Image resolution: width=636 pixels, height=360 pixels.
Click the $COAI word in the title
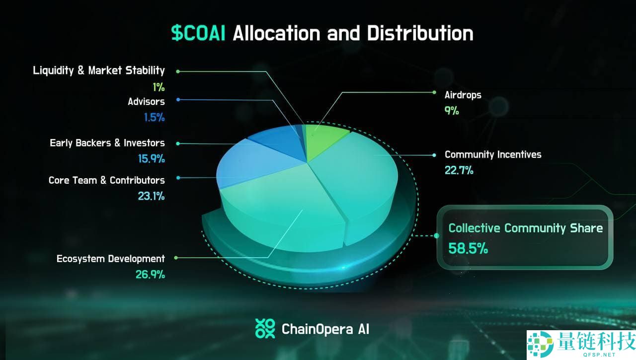click(x=198, y=33)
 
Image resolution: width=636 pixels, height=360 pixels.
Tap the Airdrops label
click(x=463, y=95)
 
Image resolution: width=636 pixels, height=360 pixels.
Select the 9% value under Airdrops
click(x=452, y=110)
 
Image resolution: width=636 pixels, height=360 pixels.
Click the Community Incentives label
click(x=493, y=154)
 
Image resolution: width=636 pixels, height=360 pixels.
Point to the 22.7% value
click(x=459, y=170)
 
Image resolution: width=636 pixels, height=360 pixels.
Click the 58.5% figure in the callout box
click(x=468, y=248)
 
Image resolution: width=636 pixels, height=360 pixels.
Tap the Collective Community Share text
click(x=525, y=228)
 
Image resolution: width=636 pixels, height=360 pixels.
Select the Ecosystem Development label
click(x=110, y=259)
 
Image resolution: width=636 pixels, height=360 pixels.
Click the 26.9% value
click(x=150, y=274)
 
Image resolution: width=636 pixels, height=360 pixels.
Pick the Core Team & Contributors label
click(x=106, y=180)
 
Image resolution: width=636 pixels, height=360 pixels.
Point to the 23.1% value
click(x=151, y=196)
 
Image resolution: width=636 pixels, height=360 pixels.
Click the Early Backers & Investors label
click(x=107, y=143)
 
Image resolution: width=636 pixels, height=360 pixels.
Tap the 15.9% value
click(x=151, y=159)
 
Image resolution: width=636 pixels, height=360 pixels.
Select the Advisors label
click(x=146, y=102)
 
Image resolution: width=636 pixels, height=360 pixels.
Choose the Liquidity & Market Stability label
click(x=98, y=71)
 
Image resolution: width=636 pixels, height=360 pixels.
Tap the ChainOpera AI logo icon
click(x=265, y=329)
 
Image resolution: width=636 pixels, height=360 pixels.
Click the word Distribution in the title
click(x=420, y=33)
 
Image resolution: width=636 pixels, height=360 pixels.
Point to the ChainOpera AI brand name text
click(x=325, y=329)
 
